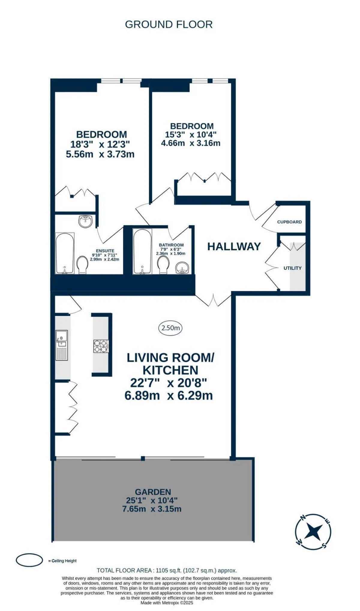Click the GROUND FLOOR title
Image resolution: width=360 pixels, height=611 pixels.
tap(169, 24)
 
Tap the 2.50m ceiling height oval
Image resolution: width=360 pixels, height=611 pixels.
tap(170, 328)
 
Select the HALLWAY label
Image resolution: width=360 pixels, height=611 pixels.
tap(234, 246)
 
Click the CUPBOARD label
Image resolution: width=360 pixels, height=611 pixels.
tap(289, 222)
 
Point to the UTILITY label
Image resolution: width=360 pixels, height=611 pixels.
tap(292, 268)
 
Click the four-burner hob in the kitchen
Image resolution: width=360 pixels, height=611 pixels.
tap(101, 346)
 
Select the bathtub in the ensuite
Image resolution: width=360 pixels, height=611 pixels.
tap(65, 253)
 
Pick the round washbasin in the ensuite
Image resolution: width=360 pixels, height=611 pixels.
tap(85, 221)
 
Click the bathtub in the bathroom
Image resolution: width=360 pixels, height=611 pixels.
tap(142, 251)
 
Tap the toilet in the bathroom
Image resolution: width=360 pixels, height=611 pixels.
tap(163, 265)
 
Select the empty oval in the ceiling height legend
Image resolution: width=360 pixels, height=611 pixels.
tap(29, 560)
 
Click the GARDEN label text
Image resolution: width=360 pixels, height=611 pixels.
tap(153, 492)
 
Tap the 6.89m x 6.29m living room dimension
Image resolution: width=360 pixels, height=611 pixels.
tap(169, 396)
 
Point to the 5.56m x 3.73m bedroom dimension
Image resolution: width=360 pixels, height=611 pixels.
tap(100, 154)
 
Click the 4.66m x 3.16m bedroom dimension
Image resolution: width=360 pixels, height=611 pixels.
tap(191, 143)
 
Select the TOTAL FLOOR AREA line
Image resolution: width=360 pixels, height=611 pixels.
tap(167, 570)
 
